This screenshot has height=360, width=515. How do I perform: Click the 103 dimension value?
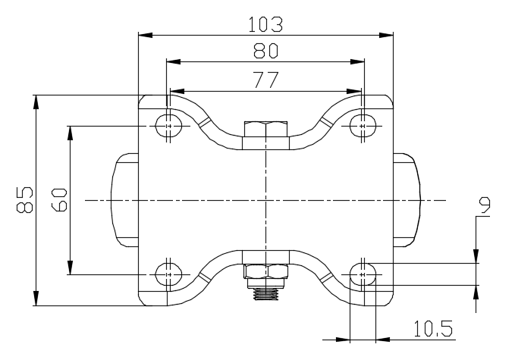pyautogui.click(x=265, y=24)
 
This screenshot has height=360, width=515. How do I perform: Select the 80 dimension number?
pyautogui.click(x=265, y=51)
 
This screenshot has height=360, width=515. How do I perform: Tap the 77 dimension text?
pyautogui.click(x=266, y=80)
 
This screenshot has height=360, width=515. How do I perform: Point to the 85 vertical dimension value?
pyautogui.click(x=24, y=200)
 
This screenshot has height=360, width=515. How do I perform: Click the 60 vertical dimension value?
pyautogui.click(x=59, y=199)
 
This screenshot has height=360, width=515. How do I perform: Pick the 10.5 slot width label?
pyautogui.click(x=433, y=329)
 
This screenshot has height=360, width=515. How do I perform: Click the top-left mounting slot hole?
pyautogui.click(x=168, y=126)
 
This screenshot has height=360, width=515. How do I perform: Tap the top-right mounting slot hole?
pyautogui.click(x=363, y=126)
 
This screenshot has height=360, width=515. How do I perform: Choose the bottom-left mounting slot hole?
pyautogui.click(x=168, y=274)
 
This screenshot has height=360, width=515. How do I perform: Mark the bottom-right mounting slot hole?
pyautogui.click(x=363, y=274)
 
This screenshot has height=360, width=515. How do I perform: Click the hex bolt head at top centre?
pyautogui.click(x=265, y=129)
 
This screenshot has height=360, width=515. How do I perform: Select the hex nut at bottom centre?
pyautogui.click(x=265, y=272)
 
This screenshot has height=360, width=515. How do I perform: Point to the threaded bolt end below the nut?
pyautogui.click(x=265, y=293)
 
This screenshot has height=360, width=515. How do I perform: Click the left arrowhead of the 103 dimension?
pyautogui.click(x=146, y=35)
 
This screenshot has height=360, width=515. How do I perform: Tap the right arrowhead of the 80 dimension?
pyautogui.click(x=357, y=61)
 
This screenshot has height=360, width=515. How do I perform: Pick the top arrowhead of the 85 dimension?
pyautogui.click(x=36, y=102)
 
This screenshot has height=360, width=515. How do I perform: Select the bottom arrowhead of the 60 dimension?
pyautogui.click(x=70, y=267)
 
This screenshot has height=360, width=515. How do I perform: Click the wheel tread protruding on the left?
pyautogui.click(x=124, y=200)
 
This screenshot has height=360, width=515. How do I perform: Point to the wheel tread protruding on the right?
pyautogui.click(x=407, y=200)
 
